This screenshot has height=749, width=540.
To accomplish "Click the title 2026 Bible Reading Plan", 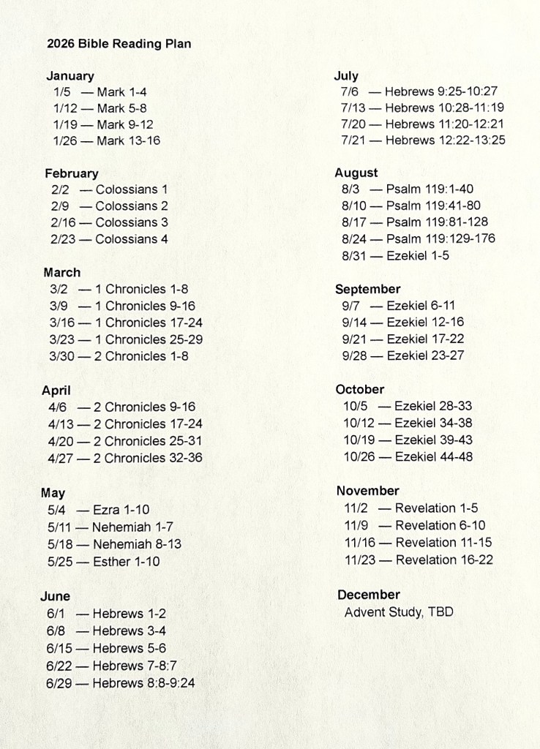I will [x=119, y=44].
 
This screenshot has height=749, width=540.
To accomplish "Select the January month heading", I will [x=70, y=76].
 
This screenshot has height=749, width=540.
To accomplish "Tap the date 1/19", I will [x=66, y=124].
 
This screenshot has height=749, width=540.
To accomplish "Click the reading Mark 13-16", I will [x=128, y=140].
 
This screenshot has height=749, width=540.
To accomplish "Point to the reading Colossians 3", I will [x=132, y=222].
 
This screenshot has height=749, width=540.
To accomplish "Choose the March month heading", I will [x=62, y=273].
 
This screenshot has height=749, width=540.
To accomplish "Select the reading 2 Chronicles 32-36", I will [x=148, y=458].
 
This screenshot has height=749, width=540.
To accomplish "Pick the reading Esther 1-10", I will [x=126, y=562].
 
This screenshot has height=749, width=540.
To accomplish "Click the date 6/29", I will [x=59, y=683].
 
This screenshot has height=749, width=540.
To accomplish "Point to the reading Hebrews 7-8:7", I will [x=134, y=666].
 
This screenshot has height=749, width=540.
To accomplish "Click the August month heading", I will [x=356, y=173].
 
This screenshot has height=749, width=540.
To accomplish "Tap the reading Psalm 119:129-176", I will [x=440, y=238].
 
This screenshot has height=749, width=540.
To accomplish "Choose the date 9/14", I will [x=356, y=322].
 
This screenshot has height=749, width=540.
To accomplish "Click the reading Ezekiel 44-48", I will [x=433, y=457].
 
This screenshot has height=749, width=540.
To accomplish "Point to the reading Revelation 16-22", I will [x=444, y=560].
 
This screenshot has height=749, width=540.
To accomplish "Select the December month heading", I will [x=369, y=595].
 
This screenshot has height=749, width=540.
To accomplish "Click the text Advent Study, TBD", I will [x=399, y=612].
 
